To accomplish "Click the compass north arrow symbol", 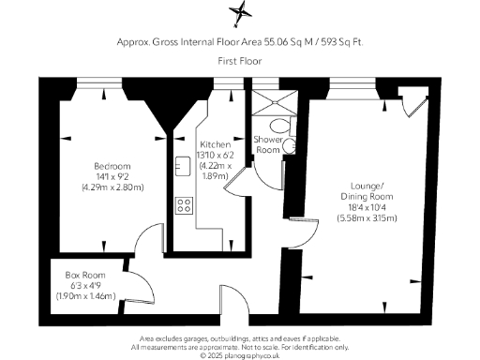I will (241, 14).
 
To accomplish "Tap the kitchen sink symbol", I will (181, 166).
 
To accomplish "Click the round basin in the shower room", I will (290, 145).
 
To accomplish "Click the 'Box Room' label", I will (82, 276).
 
